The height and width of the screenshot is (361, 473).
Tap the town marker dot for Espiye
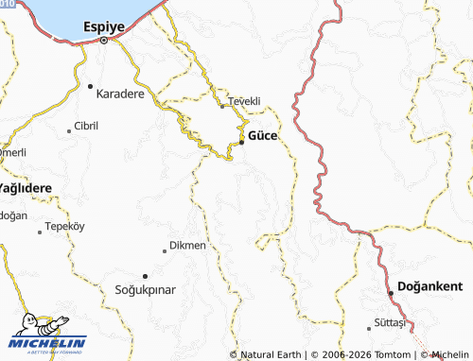(x=105, y=41)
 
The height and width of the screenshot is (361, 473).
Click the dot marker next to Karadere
(x=90, y=86)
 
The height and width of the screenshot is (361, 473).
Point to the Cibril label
(x=86, y=126)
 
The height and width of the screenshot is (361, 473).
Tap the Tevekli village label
(x=241, y=100)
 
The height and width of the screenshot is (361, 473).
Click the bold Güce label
(x=262, y=136)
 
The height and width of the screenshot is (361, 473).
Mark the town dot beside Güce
(x=241, y=142)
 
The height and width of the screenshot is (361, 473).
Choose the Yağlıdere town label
(x=25, y=188)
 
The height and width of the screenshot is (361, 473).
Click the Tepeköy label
(x=65, y=227)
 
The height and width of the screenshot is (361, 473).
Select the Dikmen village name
(x=186, y=246)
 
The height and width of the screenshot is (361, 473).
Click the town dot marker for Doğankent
(x=391, y=294)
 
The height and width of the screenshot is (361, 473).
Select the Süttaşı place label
(x=390, y=323)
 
